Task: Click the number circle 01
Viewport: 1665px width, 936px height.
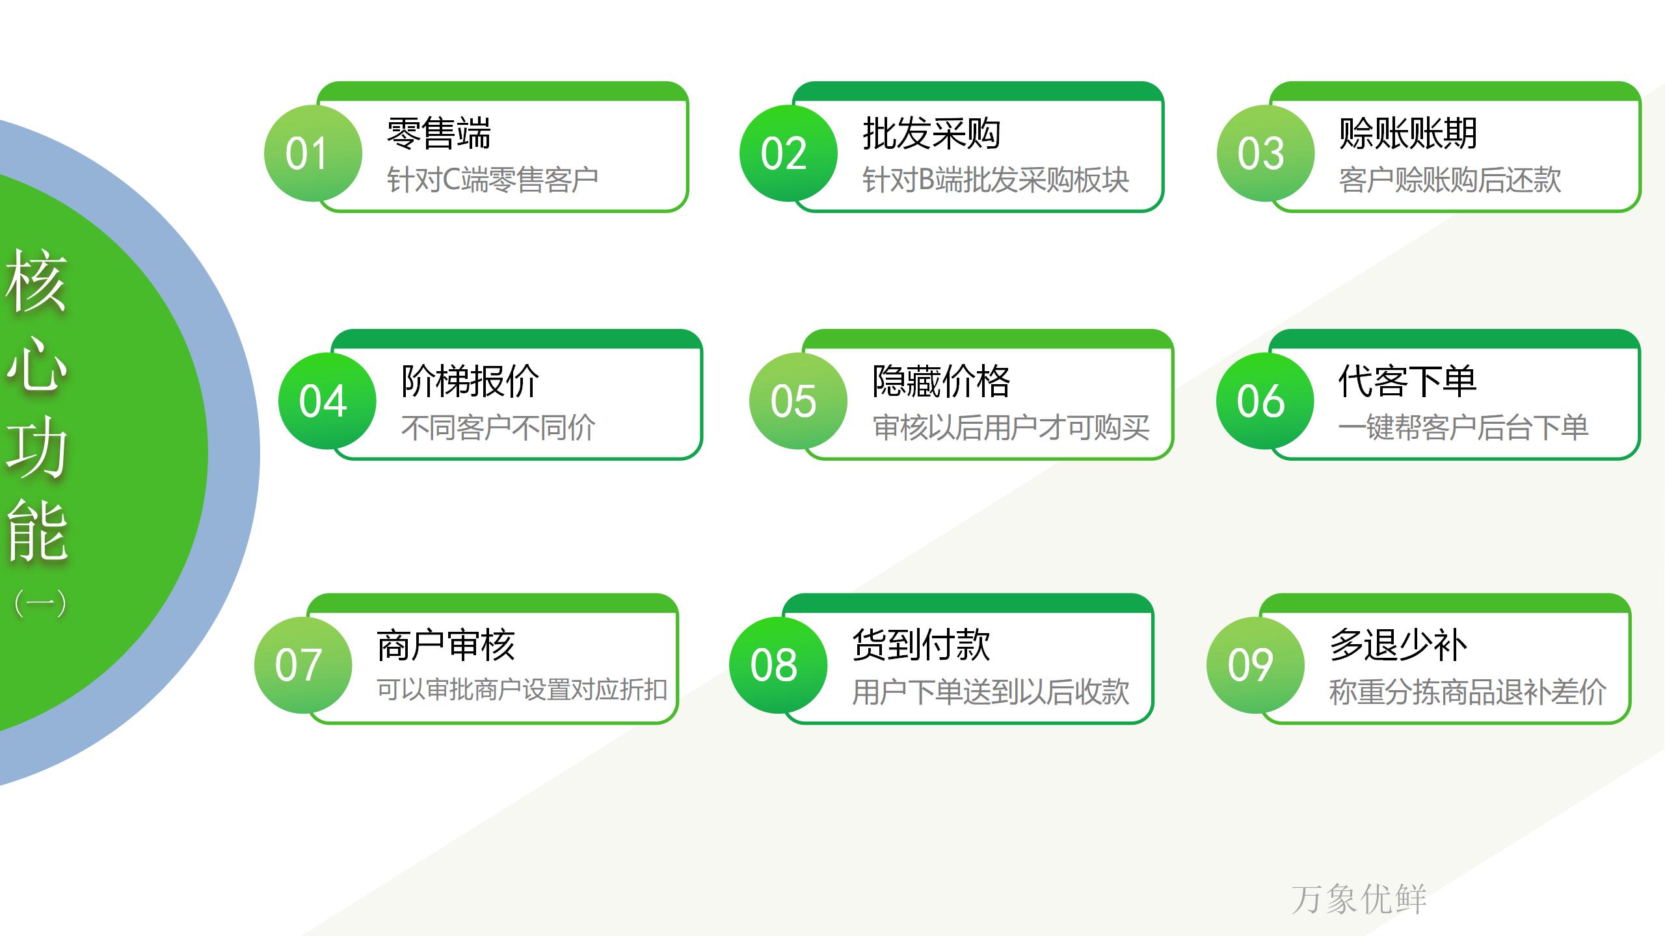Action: (x=313, y=153)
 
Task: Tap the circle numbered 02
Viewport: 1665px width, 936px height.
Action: (x=788, y=153)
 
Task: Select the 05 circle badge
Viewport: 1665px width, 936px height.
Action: (x=798, y=401)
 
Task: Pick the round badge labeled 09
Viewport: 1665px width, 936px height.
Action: (x=1255, y=665)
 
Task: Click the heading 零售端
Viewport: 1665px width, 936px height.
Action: (x=439, y=133)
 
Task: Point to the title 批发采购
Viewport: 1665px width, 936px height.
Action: (x=931, y=133)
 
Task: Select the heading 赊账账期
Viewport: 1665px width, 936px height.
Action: (x=1408, y=133)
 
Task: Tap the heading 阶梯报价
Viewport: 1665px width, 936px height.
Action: (x=470, y=381)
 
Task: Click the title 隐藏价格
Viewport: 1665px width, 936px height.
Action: (x=941, y=381)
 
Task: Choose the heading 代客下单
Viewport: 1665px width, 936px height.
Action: (x=1407, y=381)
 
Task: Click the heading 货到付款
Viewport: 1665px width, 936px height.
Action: (x=922, y=645)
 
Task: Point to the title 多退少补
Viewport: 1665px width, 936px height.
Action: (x=1398, y=645)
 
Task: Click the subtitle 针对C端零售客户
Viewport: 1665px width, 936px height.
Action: (x=492, y=180)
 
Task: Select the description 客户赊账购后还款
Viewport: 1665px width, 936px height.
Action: (x=1450, y=180)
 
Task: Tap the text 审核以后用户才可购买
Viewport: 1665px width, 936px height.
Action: (x=1011, y=428)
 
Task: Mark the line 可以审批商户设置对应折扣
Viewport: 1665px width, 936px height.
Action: (x=522, y=690)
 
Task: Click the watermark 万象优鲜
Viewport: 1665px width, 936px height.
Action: (x=1359, y=899)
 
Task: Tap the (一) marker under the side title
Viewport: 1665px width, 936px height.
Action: (x=40, y=603)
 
